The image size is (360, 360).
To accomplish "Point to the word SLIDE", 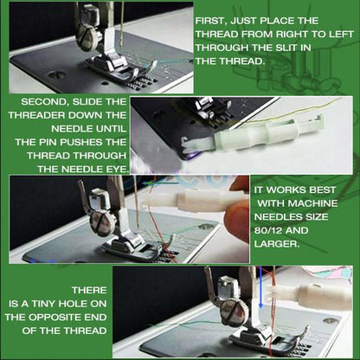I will [88, 101].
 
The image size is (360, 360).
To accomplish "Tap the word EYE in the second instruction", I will [116, 166].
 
